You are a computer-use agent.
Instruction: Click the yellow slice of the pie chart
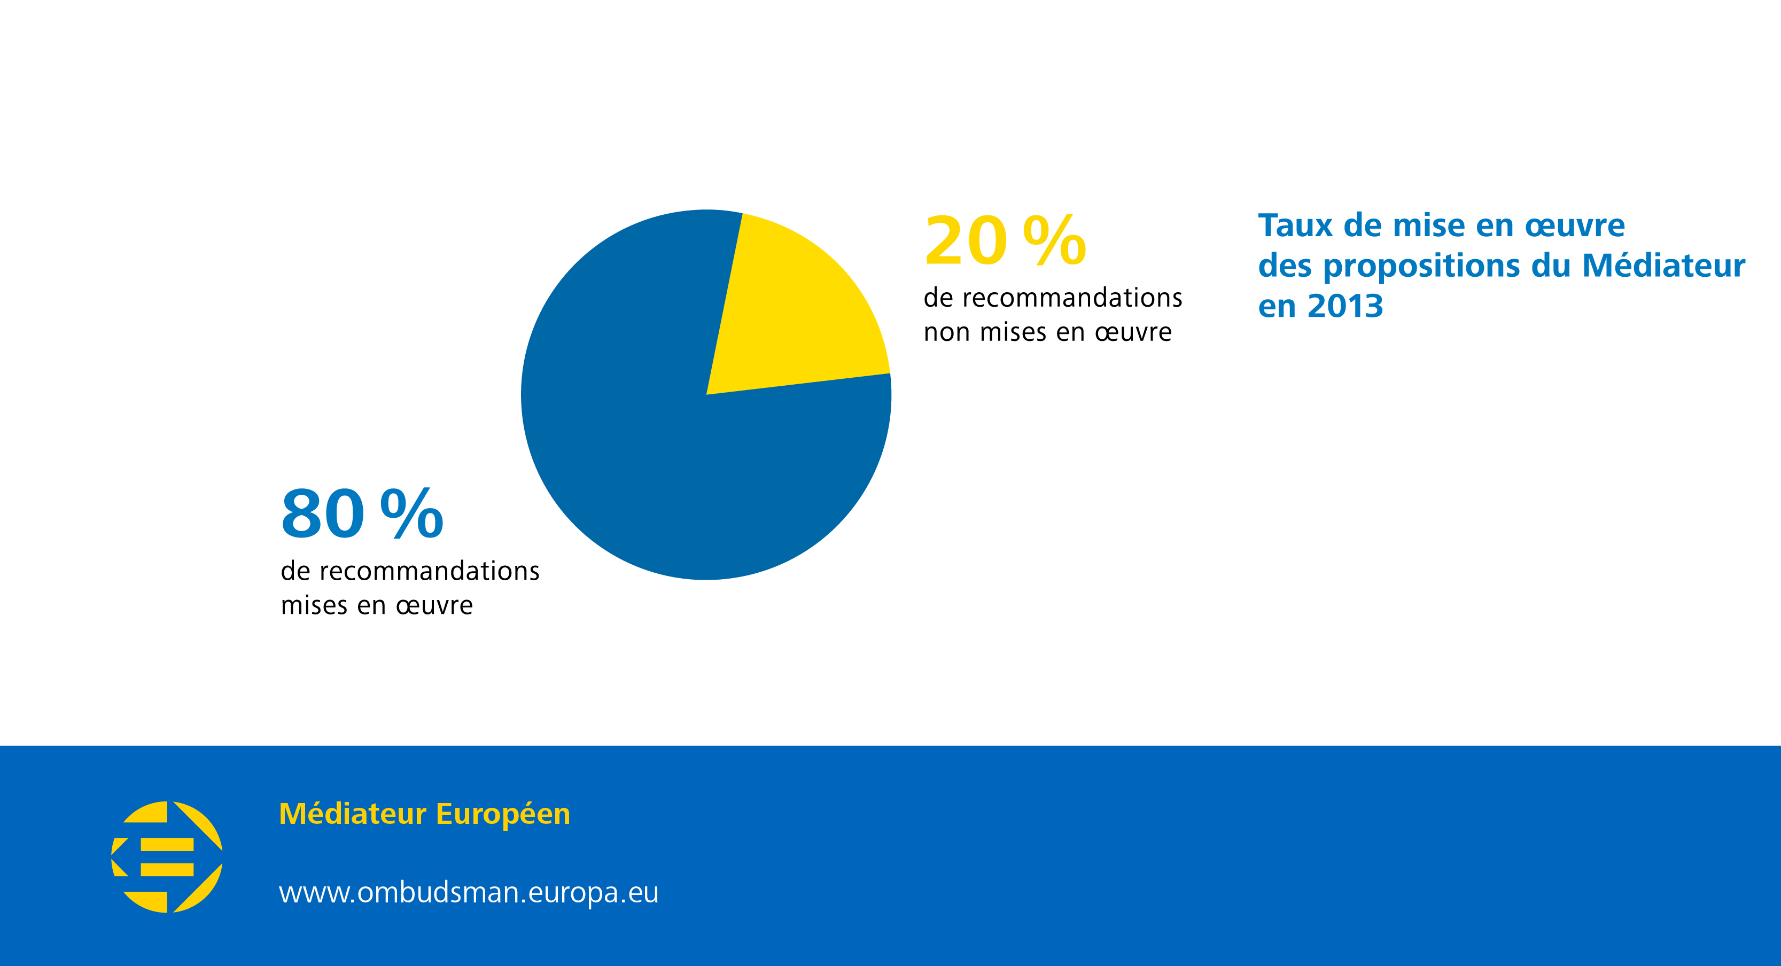click(795, 311)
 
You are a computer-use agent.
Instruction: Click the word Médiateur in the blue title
click(1663, 266)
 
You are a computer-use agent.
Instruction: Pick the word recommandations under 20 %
click(1071, 298)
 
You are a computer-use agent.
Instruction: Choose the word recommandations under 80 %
click(429, 571)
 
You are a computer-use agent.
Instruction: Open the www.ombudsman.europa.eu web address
click(469, 893)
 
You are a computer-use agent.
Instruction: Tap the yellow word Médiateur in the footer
click(353, 814)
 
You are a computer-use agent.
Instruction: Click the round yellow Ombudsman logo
click(167, 857)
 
